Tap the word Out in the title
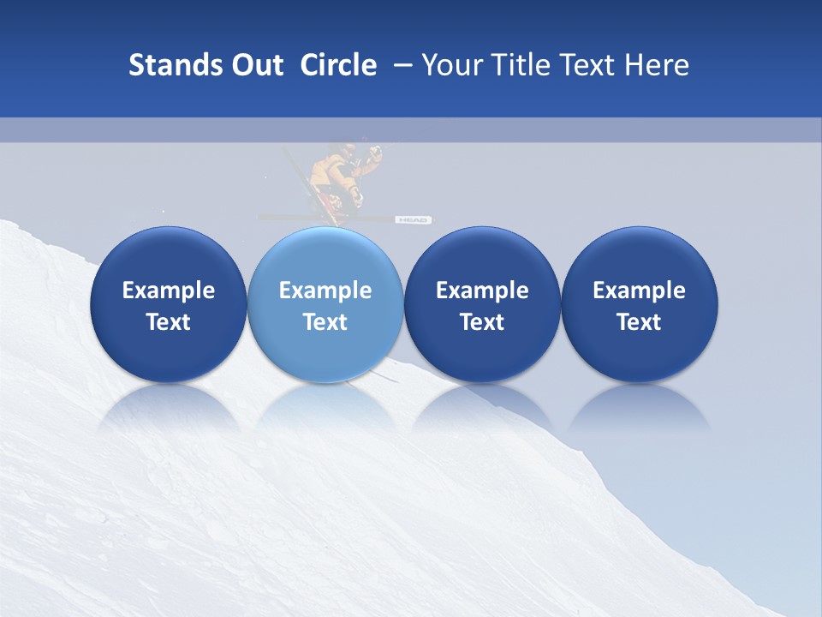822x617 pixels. tap(255, 65)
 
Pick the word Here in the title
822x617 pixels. tap(656, 65)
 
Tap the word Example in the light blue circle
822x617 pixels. tap(325, 291)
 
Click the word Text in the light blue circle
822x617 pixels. tap(325, 322)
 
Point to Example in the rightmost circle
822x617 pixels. tap(639, 291)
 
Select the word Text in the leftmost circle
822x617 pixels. tap(169, 322)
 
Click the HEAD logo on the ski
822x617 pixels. tap(412, 220)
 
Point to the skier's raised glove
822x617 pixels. tap(373, 153)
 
